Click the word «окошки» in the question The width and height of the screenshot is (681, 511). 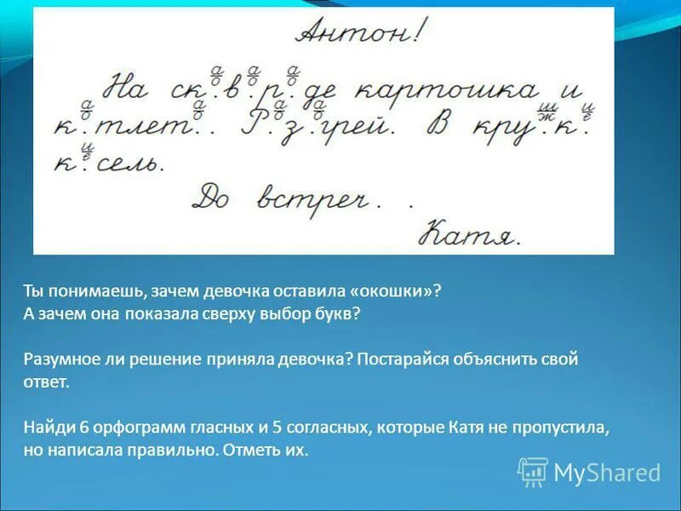click(393, 290)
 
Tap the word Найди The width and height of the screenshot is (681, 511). click(47, 427)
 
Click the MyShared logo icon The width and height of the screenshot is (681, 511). click(533, 472)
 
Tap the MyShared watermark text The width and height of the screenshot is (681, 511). click(606, 473)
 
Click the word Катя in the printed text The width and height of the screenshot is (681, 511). click(466, 427)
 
